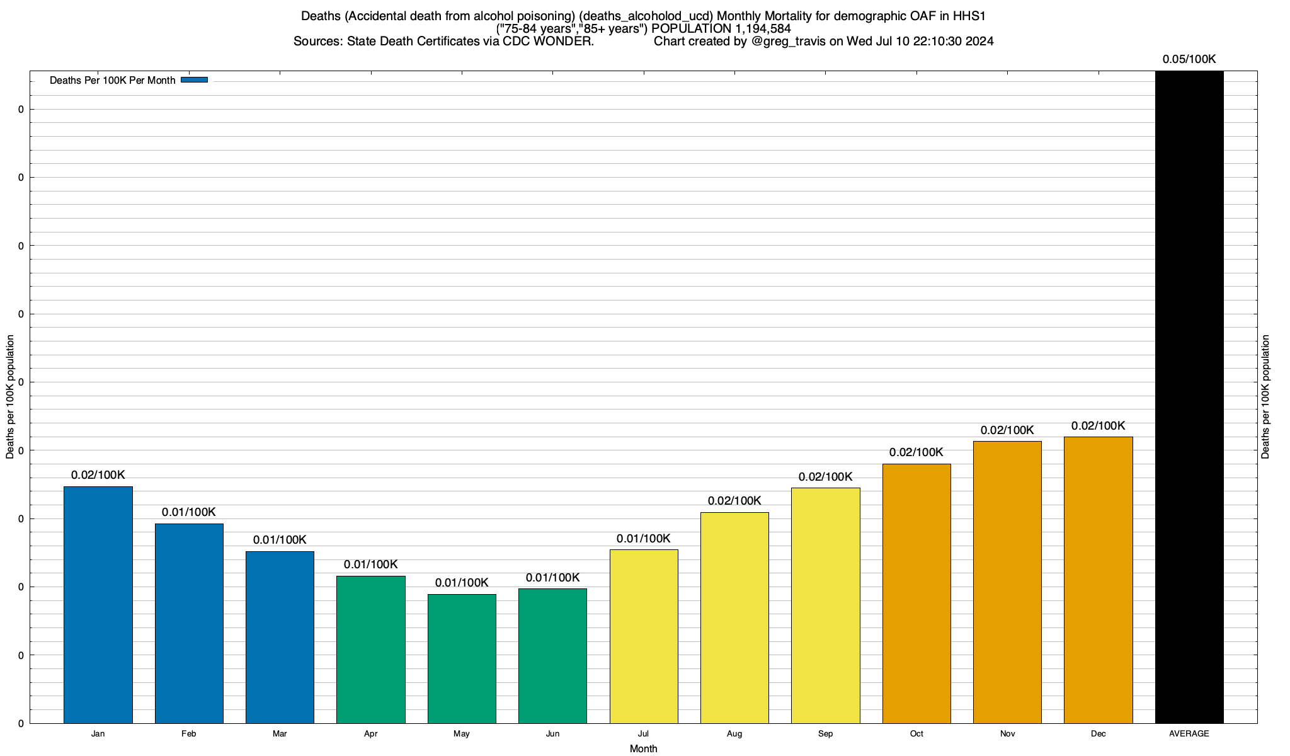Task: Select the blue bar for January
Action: coord(98,605)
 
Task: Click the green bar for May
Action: coord(462,658)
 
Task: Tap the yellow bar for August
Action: coord(734,617)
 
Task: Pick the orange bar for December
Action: coord(1098,580)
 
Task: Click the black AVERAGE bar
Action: coord(1189,397)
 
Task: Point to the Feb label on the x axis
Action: coord(188,734)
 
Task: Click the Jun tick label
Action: coord(552,734)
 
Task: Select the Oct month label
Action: coord(916,734)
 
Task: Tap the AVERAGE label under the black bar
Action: coord(1189,734)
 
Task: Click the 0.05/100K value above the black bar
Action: coord(1189,59)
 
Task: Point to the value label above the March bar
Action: coord(280,540)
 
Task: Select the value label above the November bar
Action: coord(1007,430)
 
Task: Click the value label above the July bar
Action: coord(643,539)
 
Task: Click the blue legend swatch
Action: coord(194,80)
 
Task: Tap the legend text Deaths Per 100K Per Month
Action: coord(112,81)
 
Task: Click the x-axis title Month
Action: coord(643,748)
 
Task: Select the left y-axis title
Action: coord(10,397)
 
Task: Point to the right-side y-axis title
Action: coord(1265,397)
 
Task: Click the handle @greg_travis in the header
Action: coord(788,42)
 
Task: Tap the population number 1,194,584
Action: coord(762,29)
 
